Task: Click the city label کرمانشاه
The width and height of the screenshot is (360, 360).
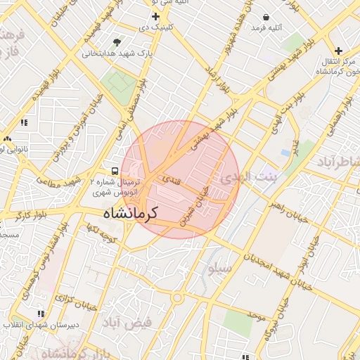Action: point(130,212)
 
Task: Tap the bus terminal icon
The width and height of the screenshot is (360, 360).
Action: point(114,171)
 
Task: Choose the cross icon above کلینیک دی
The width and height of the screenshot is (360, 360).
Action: point(155,16)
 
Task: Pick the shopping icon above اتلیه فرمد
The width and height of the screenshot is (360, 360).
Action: point(266,17)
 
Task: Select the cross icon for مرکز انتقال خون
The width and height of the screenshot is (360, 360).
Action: point(338,51)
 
